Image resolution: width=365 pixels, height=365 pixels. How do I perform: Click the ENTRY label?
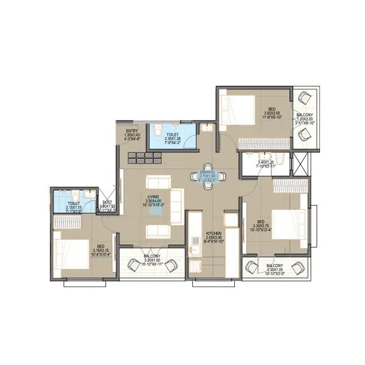(x=132, y=130)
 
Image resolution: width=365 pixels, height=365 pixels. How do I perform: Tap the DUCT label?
(x=106, y=203)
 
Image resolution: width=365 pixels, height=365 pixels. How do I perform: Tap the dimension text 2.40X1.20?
(x=266, y=162)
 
